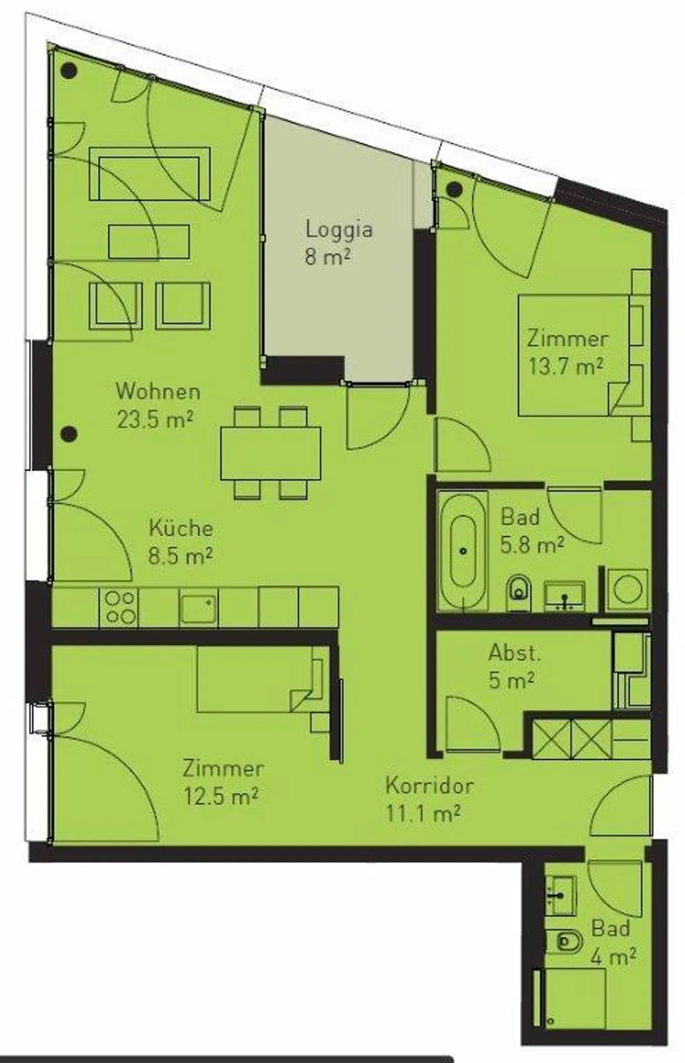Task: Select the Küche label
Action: pos(181,528)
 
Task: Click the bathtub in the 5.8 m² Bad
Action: pos(463,551)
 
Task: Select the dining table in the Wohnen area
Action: pos(270,453)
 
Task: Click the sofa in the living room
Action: pos(149,173)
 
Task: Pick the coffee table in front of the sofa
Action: pos(149,242)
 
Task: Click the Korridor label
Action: pos(429,785)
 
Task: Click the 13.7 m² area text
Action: pos(567,367)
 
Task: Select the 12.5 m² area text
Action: pos(221,796)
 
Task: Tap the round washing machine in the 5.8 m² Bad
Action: pos(627,590)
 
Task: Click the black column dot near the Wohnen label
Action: pos(69,433)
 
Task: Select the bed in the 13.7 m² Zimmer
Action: pos(573,355)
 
